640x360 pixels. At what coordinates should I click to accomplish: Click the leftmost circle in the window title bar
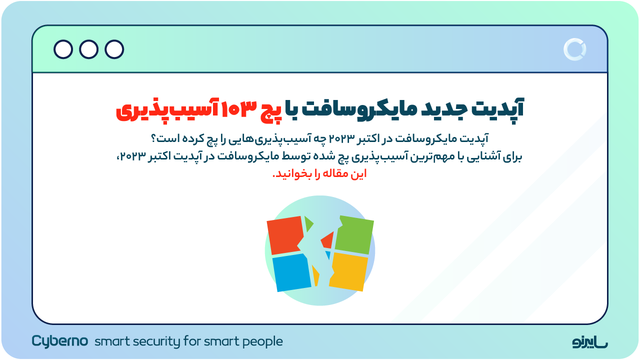click(x=63, y=49)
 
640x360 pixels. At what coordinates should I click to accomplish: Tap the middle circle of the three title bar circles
click(x=89, y=49)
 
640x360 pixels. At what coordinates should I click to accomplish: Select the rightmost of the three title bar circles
click(x=114, y=49)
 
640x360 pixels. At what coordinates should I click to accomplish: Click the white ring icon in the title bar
click(x=574, y=49)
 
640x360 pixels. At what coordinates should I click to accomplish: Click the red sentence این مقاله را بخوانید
click(x=319, y=174)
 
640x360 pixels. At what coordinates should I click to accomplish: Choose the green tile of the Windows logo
click(x=354, y=234)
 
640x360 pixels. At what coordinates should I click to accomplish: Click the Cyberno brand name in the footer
click(x=60, y=341)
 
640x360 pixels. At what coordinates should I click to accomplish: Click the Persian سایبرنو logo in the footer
click(x=590, y=342)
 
